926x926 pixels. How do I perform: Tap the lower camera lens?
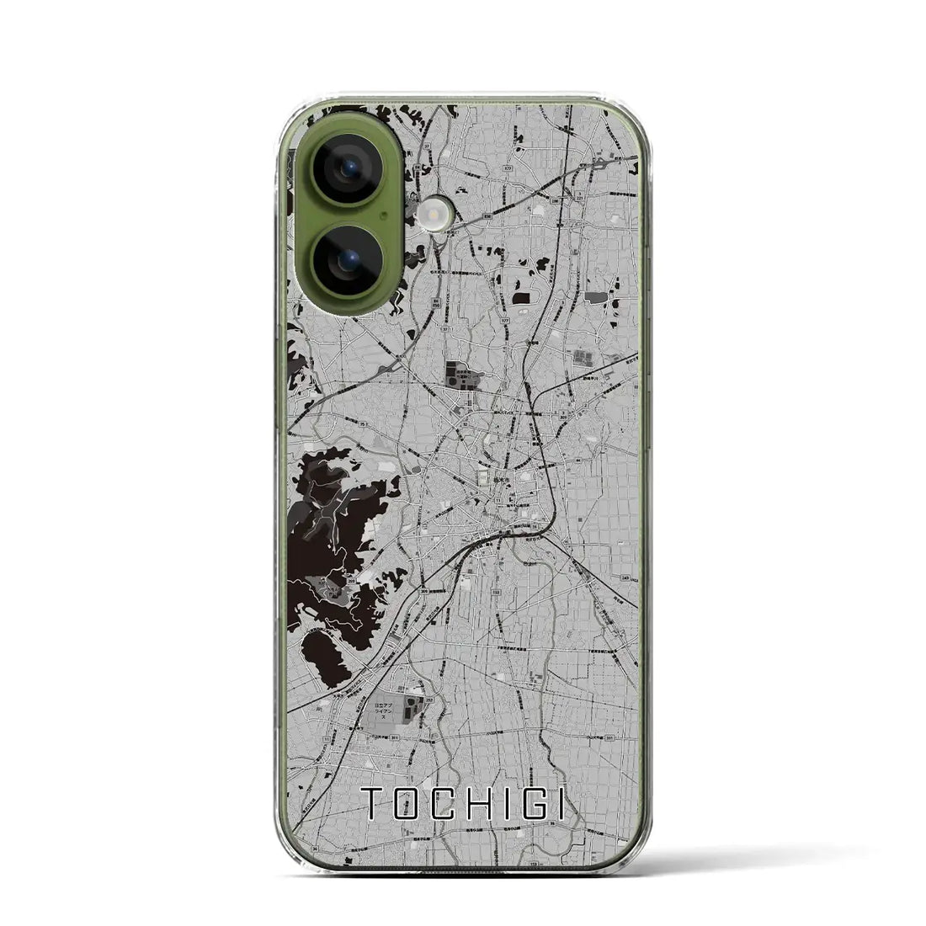click(347, 259)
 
